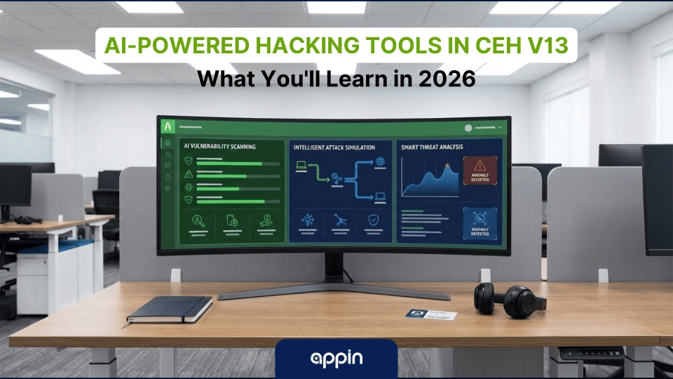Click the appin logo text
pos(336,359)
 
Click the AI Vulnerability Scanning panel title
pos(219,147)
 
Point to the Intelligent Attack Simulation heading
pos(334,148)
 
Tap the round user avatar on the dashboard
pos(468,128)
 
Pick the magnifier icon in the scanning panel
pos(198,221)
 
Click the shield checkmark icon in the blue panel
pos(372,220)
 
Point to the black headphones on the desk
pos(510,300)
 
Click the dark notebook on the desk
pos(170,308)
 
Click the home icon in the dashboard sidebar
pos(168,143)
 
